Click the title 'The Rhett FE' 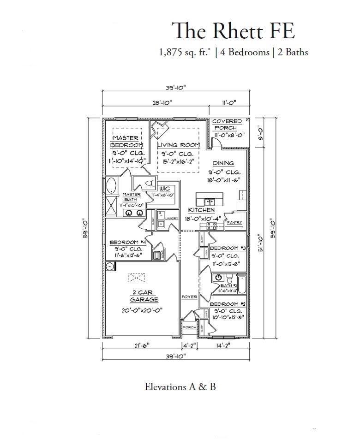233,30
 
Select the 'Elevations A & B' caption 180,386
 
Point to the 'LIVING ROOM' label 178,145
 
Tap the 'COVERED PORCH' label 227,125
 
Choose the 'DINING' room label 223,163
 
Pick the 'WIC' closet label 165,189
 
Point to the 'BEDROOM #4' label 128,243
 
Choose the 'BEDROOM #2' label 228,304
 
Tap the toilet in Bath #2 229,279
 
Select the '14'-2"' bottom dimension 223,344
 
